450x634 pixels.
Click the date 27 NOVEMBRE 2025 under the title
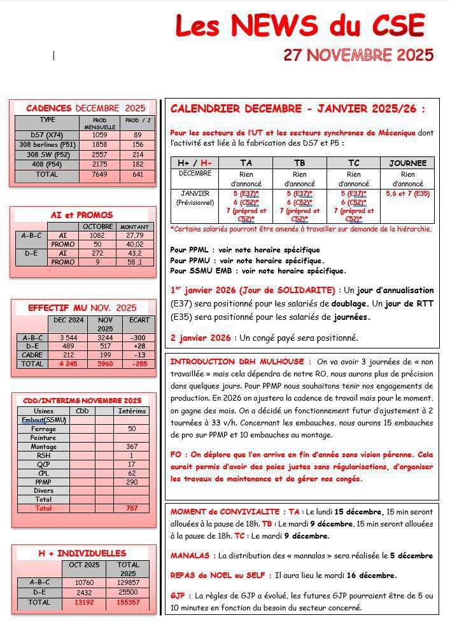358,55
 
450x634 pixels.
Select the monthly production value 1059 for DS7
99,135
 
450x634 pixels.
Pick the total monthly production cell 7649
99,174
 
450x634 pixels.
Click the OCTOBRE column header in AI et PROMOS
98,226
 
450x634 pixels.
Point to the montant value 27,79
134,235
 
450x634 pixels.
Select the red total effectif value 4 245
68,364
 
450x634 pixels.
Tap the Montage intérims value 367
132,447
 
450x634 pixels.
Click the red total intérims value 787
132,509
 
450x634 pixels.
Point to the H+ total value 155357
128,602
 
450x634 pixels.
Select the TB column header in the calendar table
299,163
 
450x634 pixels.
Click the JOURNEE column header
407,163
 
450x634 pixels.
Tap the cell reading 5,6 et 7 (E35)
407,193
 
